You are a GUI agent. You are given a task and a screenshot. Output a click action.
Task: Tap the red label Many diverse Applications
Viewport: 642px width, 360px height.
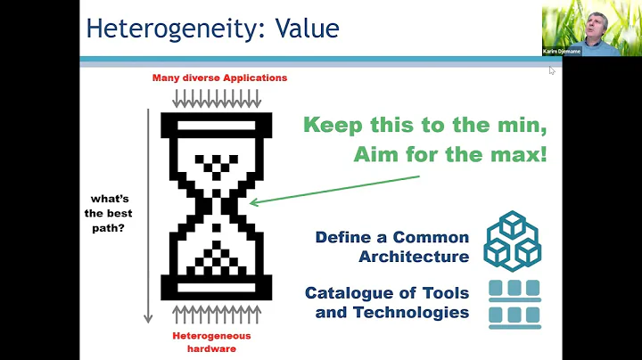coord(219,78)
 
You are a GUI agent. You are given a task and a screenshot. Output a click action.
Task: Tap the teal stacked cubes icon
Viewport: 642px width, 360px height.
coord(513,240)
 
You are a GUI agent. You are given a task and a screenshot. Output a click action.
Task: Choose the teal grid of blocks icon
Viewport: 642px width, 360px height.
coord(514,302)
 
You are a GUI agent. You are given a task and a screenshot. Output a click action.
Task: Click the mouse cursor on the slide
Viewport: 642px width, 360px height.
coord(552,70)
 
